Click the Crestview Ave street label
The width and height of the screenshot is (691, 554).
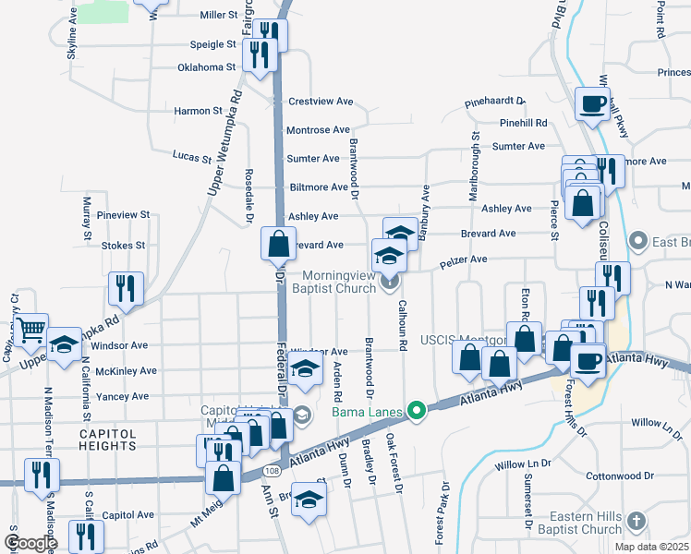tap(321, 102)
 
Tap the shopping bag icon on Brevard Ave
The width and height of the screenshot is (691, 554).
tap(277, 245)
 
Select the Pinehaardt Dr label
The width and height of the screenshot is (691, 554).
tap(494, 102)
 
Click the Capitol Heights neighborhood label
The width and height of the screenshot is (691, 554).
tap(107, 440)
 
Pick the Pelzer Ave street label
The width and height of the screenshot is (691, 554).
tap(463, 261)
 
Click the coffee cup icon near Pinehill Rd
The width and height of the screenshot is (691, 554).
tap(592, 103)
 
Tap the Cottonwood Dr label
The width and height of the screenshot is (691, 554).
tap(619, 476)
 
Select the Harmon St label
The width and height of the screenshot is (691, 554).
tap(198, 111)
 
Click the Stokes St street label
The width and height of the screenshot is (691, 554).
tap(123, 246)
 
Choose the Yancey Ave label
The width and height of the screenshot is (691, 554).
tap(128, 396)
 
